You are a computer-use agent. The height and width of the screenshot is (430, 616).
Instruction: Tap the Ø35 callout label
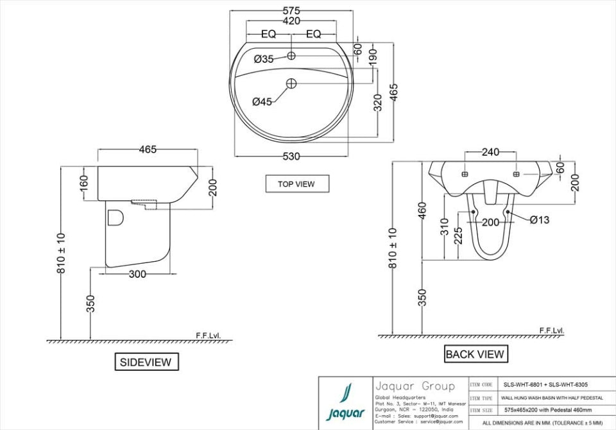coord(264,59)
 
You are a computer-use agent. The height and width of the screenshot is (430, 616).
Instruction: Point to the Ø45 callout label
coord(262,101)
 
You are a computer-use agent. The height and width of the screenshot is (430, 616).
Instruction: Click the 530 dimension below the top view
coord(291,157)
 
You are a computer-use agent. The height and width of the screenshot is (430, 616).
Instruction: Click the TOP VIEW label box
coord(296,184)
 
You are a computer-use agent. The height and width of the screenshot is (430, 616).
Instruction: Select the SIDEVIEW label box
coord(146,362)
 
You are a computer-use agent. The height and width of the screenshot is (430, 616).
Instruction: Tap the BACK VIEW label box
coord(475,354)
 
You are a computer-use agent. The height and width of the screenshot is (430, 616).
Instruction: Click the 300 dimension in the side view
coord(137,274)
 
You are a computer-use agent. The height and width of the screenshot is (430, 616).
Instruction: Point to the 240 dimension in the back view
coord(491,153)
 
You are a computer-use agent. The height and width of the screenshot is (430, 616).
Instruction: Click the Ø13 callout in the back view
coord(540,220)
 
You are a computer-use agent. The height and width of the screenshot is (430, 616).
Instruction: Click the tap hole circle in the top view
coord(291,56)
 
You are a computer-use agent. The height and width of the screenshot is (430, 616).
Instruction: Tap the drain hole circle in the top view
coord(291,83)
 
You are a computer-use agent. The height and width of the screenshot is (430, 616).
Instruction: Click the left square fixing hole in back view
coord(465,174)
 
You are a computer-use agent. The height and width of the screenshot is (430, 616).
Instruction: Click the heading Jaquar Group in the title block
coord(415,386)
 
